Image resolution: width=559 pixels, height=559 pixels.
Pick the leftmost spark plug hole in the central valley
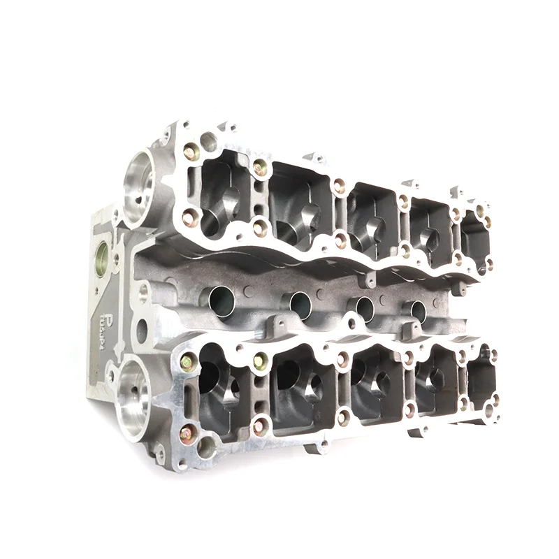(220, 302)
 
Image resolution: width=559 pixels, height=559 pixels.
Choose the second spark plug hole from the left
(300, 303)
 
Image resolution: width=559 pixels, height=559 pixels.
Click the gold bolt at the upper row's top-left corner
(189, 149)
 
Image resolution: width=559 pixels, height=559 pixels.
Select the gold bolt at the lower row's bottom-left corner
(186, 434)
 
